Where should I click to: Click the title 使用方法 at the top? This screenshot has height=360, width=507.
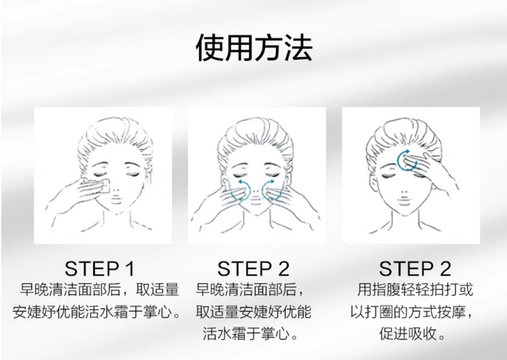pyautogui.click(x=254, y=48)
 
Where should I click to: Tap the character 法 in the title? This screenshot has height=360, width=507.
pyautogui.click(x=298, y=48)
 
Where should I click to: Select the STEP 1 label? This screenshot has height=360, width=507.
pyautogui.click(x=99, y=269)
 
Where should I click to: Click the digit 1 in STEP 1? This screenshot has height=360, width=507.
pyautogui.click(x=130, y=269)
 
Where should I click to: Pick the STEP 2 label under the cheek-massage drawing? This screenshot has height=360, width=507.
pyautogui.click(x=253, y=269)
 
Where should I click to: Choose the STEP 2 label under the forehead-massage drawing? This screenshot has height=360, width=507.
pyautogui.click(x=415, y=269)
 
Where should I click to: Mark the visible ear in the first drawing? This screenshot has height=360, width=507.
pyautogui.click(x=148, y=180)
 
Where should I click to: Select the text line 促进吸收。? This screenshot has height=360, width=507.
pyautogui.click(x=413, y=334)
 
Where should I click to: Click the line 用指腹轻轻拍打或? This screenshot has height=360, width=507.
pyautogui.click(x=415, y=290)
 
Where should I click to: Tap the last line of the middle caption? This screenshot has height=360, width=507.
pyautogui.click(x=250, y=334)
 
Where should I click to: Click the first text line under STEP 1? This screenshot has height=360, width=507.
pyautogui.click(x=99, y=290)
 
